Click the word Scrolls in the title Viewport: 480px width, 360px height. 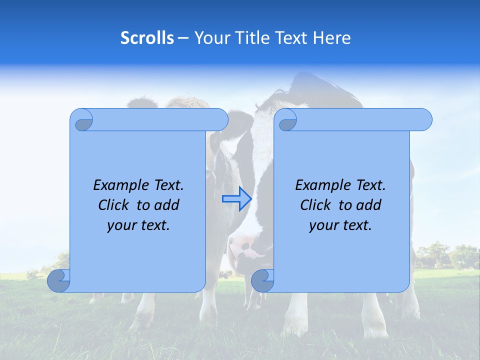pos(147,38)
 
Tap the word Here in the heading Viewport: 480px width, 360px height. pos(331,38)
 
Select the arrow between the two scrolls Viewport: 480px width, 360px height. pos(236,198)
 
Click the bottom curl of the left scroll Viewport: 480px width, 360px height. pos(59,280)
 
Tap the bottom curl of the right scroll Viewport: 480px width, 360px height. pos(262,280)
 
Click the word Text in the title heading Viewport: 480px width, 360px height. pos(292,38)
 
